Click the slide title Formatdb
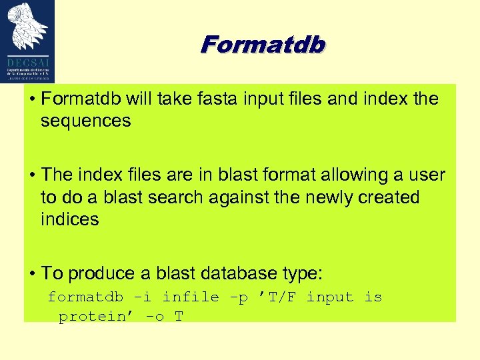(x=263, y=45)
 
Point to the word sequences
(x=86, y=121)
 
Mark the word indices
(x=69, y=219)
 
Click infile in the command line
(x=191, y=297)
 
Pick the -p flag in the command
(x=237, y=297)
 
